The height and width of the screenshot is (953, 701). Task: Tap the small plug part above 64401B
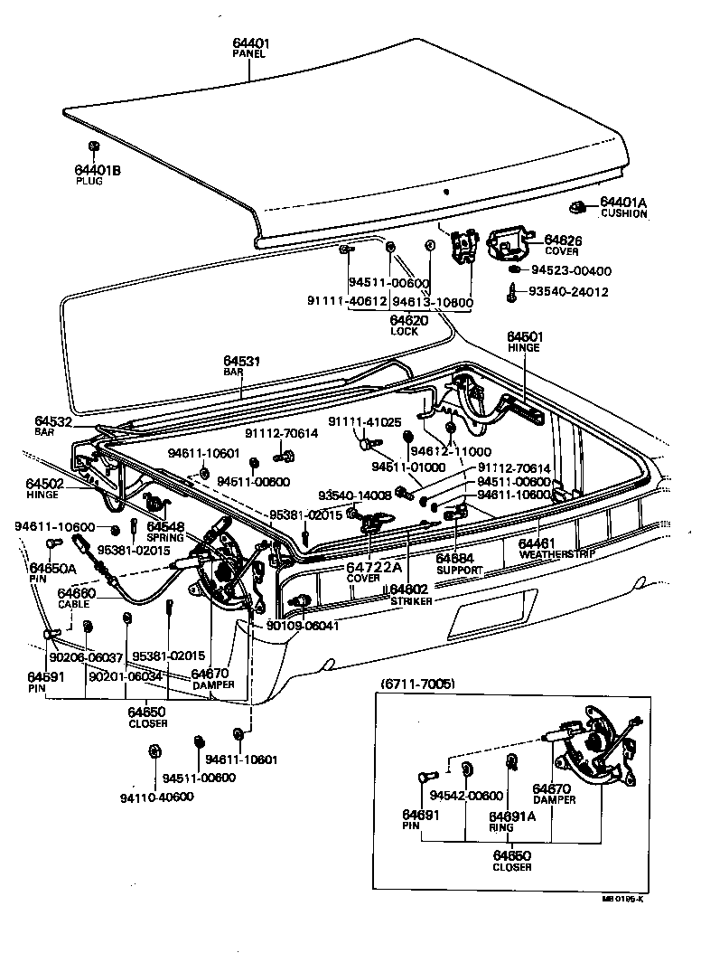pos(93,146)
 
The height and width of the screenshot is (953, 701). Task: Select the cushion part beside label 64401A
pos(583,206)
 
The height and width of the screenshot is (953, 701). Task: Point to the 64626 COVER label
pos(562,245)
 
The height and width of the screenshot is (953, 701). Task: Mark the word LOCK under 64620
pos(404,331)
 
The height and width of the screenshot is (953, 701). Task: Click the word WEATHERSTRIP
pos(551,553)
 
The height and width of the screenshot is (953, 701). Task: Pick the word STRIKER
pos(411,599)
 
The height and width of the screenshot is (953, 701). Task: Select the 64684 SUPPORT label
pos(460,565)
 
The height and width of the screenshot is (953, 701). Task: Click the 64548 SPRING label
pos(165,531)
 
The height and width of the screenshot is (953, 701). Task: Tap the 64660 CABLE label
pos(75,598)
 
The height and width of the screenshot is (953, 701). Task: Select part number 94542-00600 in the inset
pos(465,795)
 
